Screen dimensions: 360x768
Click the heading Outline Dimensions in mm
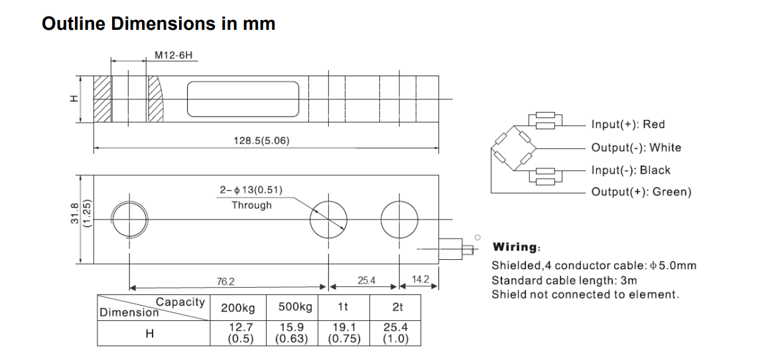tap(159, 24)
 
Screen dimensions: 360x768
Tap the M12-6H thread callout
tap(173, 55)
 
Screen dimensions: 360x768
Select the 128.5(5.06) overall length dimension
tap(261, 141)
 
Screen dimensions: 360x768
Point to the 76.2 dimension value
tap(225, 282)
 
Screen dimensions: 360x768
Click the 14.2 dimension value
tap(421, 280)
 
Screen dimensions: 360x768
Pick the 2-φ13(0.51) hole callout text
tap(251, 191)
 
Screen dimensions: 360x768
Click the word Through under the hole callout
tap(251, 206)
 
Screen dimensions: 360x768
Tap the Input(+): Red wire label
tap(627, 125)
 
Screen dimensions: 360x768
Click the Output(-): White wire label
tap(636, 148)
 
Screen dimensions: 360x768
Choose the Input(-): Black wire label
tap(631, 170)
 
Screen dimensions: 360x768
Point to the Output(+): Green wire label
tap(641, 192)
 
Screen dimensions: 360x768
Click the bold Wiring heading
tap(516, 247)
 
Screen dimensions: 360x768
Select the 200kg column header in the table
tap(237, 308)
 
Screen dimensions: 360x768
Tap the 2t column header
tap(397, 308)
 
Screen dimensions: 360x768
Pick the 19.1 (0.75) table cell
tap(344, 333)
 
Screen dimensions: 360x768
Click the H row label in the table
tap(149, 334)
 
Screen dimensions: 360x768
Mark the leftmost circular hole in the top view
tap(129, 218)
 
